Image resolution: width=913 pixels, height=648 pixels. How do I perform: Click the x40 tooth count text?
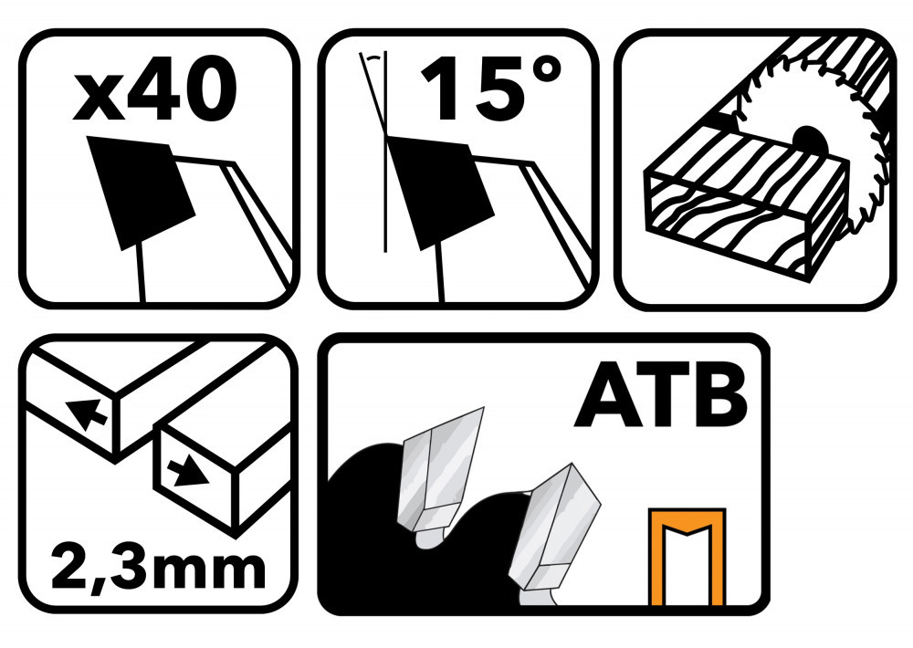click(x=155, y=89)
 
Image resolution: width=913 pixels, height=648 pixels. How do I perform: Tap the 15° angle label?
click(x=491, y=89)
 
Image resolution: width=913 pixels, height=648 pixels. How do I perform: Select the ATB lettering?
click(x=660, y=395)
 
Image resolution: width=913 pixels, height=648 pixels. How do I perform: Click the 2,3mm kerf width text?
click(x=158, y=565)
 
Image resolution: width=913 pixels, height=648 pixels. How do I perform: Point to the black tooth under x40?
click(x=141, y=193)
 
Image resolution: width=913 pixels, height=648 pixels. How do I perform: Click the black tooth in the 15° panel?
click(x=441, y=193)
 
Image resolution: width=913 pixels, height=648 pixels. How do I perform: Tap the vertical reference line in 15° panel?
click(x=385, y=152)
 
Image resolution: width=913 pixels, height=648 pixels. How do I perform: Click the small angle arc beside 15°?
click(x=373, y=56)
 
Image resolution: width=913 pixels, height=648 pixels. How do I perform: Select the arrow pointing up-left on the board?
click(x=86, y=413)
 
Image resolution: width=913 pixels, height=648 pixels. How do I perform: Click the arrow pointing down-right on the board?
click(x=187, y=471)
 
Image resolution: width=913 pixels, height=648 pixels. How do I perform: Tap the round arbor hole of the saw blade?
click(x=809, y=141)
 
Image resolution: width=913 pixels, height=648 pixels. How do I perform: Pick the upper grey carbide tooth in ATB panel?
click(x=438, y=475)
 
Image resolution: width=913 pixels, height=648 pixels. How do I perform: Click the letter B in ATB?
click(x=719, y=395)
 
